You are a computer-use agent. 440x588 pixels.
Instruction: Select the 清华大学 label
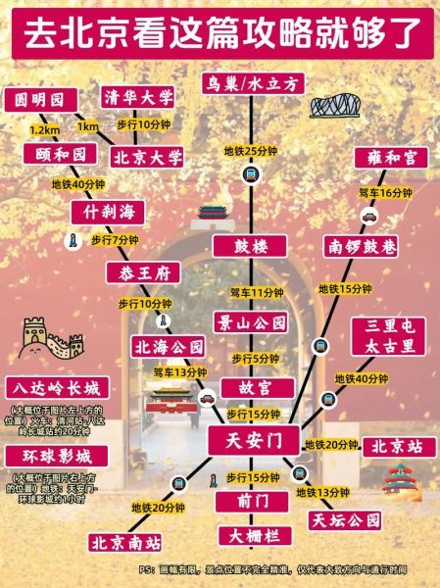(139, 97)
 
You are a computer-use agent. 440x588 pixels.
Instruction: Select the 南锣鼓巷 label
(361, 247)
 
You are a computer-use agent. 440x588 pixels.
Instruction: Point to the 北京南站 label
(124, 541)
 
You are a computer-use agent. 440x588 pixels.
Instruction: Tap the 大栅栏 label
(254, 537)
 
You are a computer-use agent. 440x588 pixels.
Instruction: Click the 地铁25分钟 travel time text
(251, 150)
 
